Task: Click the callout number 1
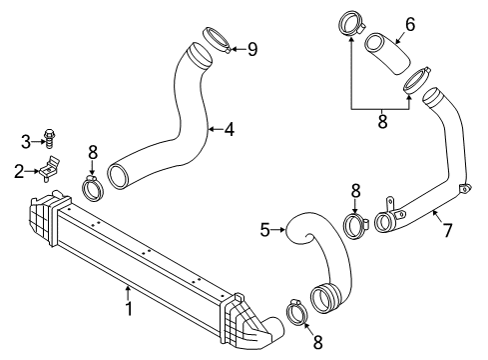129,308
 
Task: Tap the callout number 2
19,171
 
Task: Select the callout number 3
26,142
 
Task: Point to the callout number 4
230,129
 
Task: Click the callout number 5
264,230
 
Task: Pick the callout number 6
410,24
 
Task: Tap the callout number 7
448,230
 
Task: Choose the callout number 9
252,49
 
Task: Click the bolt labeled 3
49,139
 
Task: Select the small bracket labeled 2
50,169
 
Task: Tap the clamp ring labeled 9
217,40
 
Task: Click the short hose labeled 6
387,53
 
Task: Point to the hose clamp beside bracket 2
93,188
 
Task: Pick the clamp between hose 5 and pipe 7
354,226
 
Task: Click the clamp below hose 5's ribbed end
296,313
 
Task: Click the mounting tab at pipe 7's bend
465,188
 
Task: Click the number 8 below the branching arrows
382,121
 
